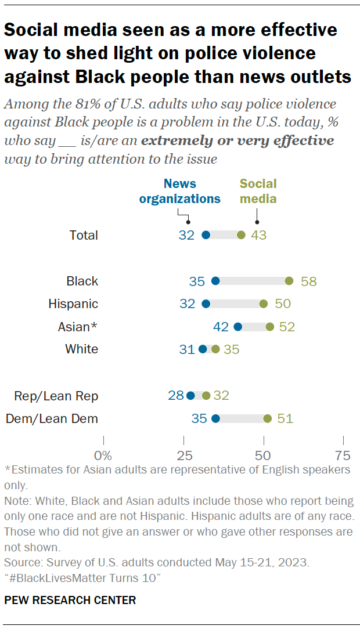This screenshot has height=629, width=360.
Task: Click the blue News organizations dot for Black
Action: click(x=215, y=281)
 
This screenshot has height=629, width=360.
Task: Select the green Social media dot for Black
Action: click(x=289, y=281)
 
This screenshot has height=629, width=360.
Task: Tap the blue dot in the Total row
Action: click(x=206, y=235)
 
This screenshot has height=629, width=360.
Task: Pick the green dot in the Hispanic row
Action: click(x=263, y=303)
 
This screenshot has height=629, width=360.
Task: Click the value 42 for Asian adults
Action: click(x=221, y=327)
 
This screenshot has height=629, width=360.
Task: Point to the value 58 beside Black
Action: click(x=308, y=281)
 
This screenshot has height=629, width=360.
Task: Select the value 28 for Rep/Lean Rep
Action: click(x=175, y=396)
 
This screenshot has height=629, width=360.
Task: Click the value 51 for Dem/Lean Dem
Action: click(x=285, y=418)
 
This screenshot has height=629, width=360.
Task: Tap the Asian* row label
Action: click(x=78, y=327)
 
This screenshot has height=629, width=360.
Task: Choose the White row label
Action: click(x=82, y=349)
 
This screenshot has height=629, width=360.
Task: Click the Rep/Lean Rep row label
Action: click(x=56, y=396)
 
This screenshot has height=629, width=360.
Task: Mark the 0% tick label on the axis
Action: click(x=103, y=454)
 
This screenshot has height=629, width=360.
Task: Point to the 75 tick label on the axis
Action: click(x=343, y=454)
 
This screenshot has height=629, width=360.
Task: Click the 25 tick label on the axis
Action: click(x=183, y=454)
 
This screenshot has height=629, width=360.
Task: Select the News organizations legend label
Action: click(x=183, y=191)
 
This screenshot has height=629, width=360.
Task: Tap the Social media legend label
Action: click(x=258, y=191)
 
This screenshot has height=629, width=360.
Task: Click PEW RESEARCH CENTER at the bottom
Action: click(x=70, y=601)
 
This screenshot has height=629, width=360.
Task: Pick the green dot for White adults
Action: click(x=215, y=349)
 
